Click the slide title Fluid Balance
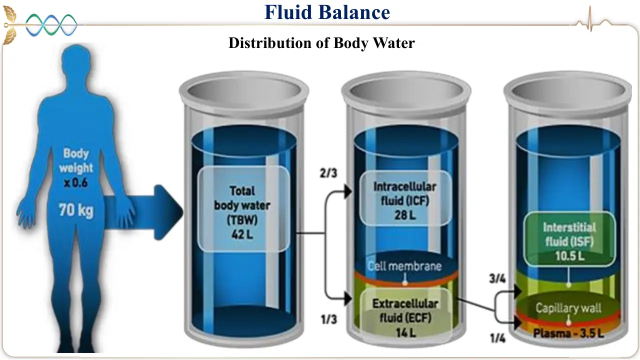[327, 12]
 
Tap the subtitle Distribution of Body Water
[321, 43]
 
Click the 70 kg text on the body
[76, 210]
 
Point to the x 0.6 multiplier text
[75, 183]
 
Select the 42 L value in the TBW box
[242, 234]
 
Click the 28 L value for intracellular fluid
[405, 215]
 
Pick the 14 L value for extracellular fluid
[405, 332]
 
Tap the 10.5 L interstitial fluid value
[569, 256]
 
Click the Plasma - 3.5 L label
[568, 333]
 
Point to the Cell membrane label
[404, 266]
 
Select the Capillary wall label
[568, 308]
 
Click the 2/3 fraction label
[328, 173]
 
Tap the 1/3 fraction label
[329, 319]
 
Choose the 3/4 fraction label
[497, 278]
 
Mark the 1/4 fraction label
[497, 338]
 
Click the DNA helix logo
[51, 25]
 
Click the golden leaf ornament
[10, 25]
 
